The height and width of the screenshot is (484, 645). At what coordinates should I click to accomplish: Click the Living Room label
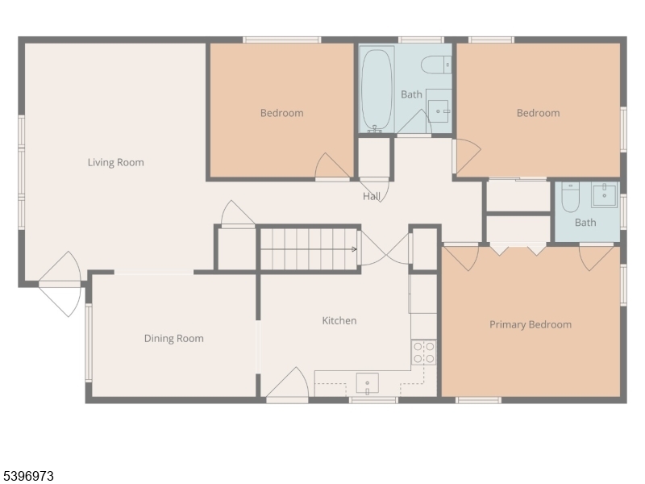click(116, 162)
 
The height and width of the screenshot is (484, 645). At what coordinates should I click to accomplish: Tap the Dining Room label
click(173, 338)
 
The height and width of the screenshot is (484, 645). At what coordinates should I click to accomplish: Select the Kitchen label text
click(339, 320)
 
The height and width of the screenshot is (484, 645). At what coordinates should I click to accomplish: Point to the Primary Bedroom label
click(531, 324)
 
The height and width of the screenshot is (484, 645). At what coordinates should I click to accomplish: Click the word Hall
click(372, 196)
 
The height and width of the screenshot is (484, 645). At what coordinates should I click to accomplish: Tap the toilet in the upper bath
click(437, 64)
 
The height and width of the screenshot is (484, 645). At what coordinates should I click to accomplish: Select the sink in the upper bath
click(438, 109)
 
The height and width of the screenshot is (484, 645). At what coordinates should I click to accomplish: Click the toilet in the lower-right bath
click(571, 197)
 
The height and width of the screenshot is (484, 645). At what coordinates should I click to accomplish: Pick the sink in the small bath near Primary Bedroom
click(603, 194)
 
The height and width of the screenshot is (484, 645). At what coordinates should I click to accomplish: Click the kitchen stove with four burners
click(424, 353)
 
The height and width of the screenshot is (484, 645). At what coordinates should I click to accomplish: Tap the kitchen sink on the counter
click(368, 382)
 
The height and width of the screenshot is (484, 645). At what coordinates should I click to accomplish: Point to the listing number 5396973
click(28, 476)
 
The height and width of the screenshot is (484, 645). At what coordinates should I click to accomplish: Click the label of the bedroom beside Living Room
click(281, 113)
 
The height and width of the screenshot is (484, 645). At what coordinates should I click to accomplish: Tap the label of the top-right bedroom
click(538, 113)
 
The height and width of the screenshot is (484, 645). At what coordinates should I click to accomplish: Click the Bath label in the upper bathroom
click(411, 94)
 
